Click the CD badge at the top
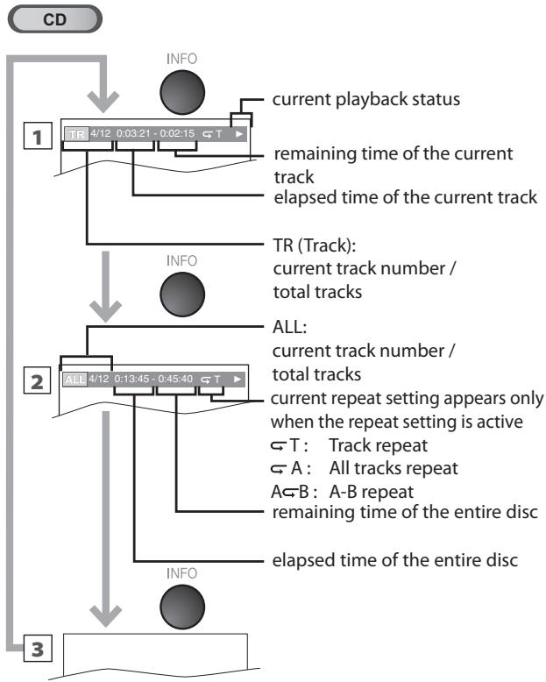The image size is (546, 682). [x=54, y=19]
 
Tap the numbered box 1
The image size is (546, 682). [x=38, y=137]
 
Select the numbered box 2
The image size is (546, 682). [x=38, y=381]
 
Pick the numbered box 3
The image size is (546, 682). [x=38, y=649]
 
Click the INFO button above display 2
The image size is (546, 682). [x=182, y=294]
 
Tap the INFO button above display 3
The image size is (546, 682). [x=182, y=607]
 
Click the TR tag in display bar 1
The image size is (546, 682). [x=76, y=134]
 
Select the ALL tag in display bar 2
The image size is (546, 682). [x=75, y=380]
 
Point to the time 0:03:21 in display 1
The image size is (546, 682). [x=133, y=133]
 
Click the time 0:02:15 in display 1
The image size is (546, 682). [x=177, y=133]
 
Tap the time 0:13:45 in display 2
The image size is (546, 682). [x=131, y=379]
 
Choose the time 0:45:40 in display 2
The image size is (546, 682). [x=175, y=379]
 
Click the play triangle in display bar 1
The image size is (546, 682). [x=238, y=134]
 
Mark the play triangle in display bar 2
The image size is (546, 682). [x=237, y=380]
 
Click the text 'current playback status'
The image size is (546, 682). [x=366, y=100]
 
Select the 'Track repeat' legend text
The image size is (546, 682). [x=379, y=445]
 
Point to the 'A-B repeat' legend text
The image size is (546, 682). [x=372, y=492]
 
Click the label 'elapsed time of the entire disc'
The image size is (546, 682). [x=394, y=560]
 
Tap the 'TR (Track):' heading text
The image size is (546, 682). [x=315, y=245]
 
